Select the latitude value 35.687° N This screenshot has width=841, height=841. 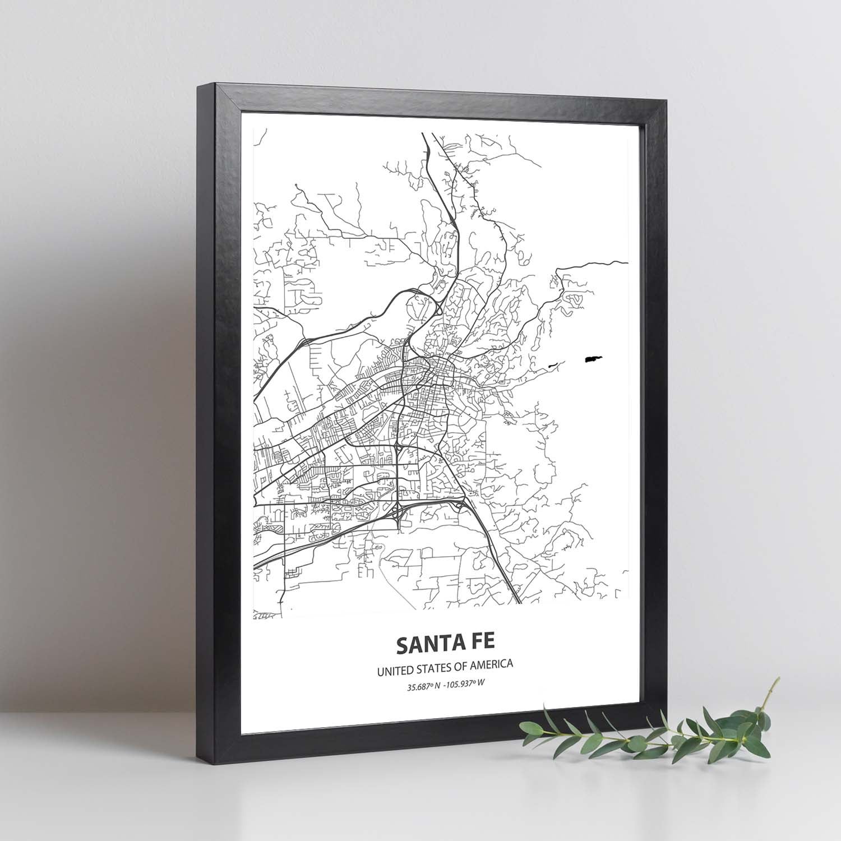click(424, 682)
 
